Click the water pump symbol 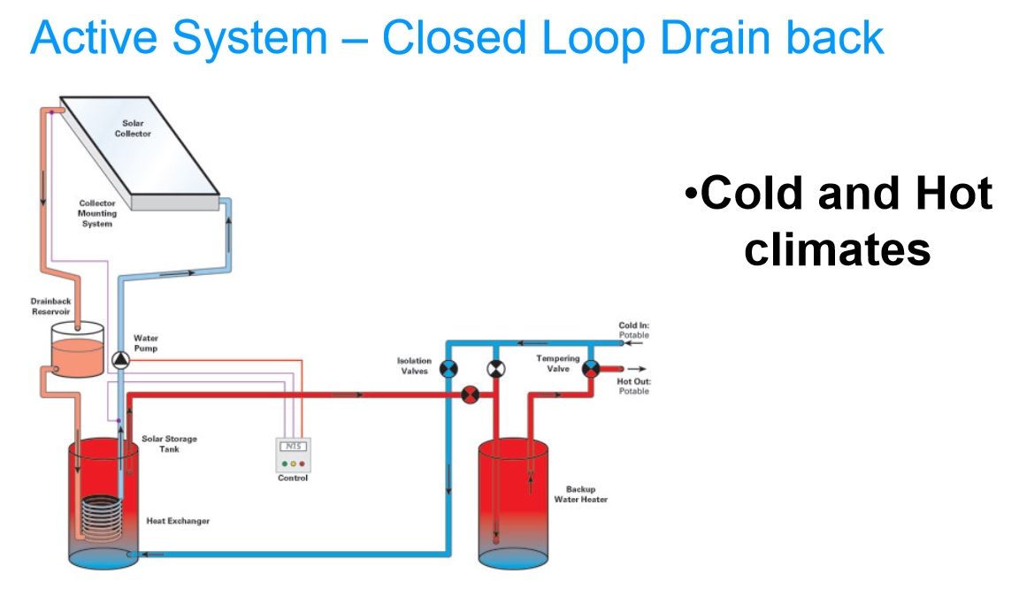tap(120, 361)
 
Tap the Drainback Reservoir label tap(50, 306)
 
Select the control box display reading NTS tap(293, 447)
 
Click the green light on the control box tap(285, 463)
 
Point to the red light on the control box tap(302, 463)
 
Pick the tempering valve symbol tap(591, 369)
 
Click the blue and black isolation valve tap(448, 369)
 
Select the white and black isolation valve tap(496, 369)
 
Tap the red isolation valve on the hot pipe tap(470, 394)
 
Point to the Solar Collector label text tap(133, 128)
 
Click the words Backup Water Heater tap(580, 494)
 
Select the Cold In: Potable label tap(633, 330)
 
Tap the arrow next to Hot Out tap(637, 369)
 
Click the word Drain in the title tap(714, 37)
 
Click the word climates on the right tap(837, 250)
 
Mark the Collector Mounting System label tap(96, 213)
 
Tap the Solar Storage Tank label tap(169, 444)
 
